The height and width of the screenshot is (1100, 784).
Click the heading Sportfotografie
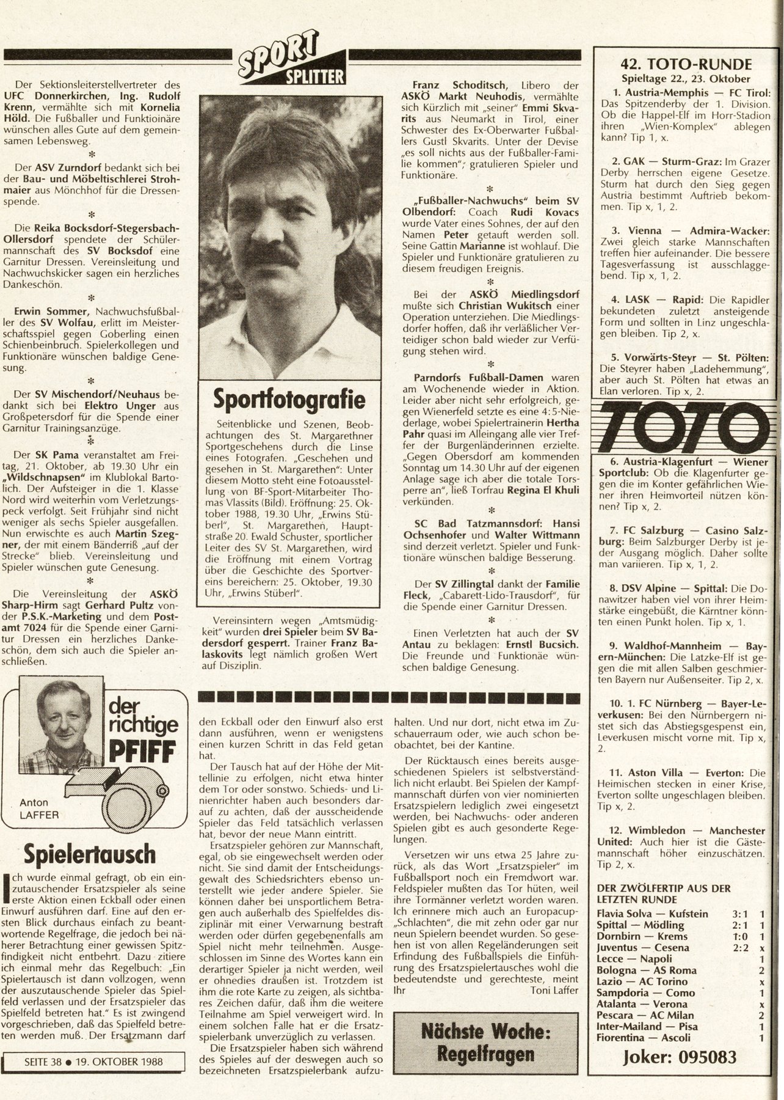point(289,400)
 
